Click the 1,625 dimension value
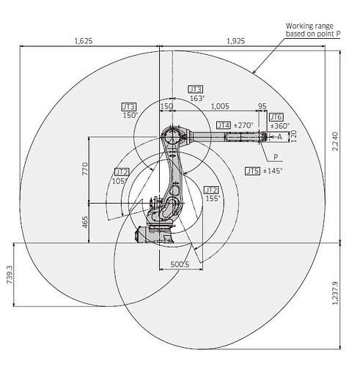(84, 41)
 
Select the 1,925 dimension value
(236, 41)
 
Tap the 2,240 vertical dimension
(335, 141)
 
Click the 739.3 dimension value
(10, 275)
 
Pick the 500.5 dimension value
(180, 264)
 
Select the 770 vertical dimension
(85, 168)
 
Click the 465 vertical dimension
(85, 222)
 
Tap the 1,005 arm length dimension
(220, 106)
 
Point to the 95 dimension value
(262, 106)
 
